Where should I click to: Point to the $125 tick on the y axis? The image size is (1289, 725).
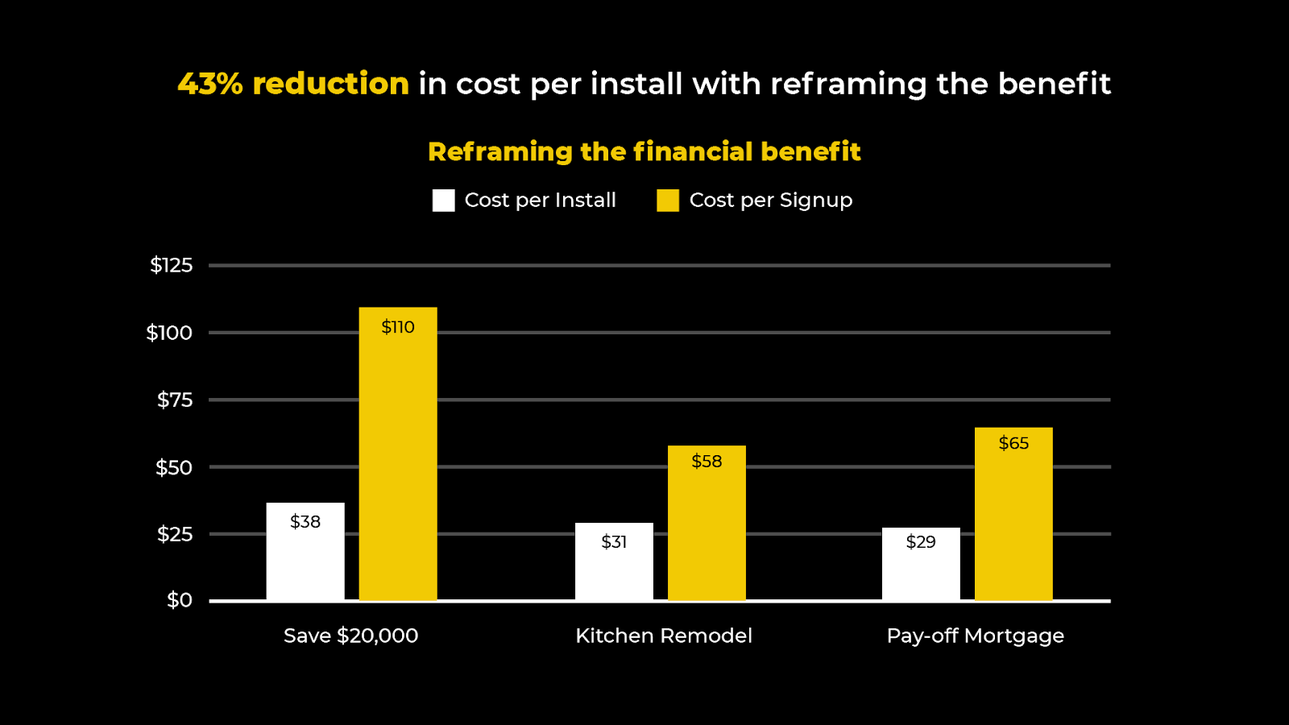point(172,265)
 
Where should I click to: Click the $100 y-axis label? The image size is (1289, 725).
point(169,333)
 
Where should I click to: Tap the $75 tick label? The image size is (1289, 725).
point(175,400)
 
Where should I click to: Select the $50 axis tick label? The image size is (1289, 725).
point(174,467)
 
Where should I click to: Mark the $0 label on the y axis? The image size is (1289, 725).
point(180,600)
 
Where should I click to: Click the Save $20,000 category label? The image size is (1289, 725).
point(350,636)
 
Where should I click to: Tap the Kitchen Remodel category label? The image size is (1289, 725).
point(664,636)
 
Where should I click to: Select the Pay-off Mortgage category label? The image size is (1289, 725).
point(975,636)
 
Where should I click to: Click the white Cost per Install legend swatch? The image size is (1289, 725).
point(443,201)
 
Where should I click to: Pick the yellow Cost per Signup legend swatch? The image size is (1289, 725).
point(668,201)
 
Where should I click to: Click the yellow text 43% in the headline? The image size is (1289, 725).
point(210,84)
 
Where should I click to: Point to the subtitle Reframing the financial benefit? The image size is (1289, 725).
point(644,151)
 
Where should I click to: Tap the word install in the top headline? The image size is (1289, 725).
point(636,84)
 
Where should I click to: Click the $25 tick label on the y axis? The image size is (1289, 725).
point(175,534)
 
